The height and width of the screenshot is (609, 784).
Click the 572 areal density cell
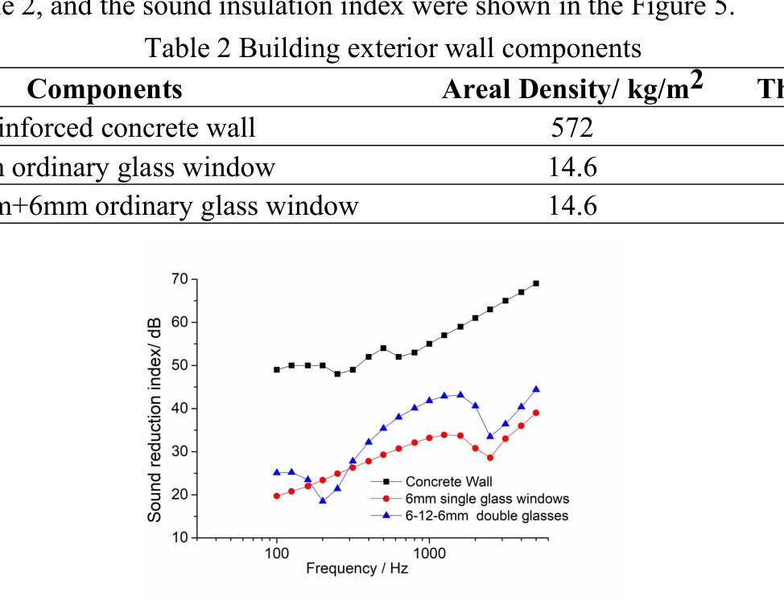coord(572,127)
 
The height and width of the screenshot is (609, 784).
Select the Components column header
coord(105,89)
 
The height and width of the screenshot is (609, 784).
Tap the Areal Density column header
coord(572,88)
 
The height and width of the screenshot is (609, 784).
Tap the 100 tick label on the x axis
coord(276,554)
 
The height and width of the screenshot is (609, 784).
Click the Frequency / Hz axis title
coord(357,569)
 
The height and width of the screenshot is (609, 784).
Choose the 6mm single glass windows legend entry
coord(486,499)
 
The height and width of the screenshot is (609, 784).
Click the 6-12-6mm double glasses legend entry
coord(486,516)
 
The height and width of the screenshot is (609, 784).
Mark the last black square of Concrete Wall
coord(536,283)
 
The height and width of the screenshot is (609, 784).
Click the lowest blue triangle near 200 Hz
coord(322,500)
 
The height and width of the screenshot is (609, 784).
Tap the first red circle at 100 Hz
coord(277,496)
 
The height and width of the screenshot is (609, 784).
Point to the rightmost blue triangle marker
coord(536,389)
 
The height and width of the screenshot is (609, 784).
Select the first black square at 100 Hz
coord(277,369)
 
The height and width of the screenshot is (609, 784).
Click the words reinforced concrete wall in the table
coord(128,127)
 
